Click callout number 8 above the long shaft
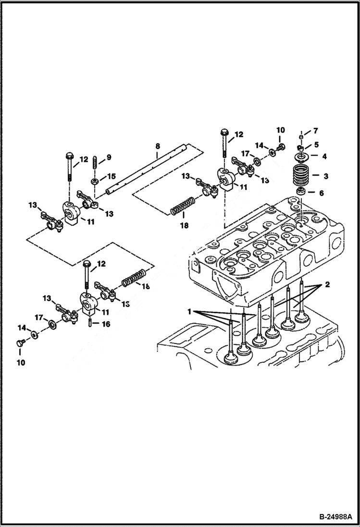(x=157, y=146)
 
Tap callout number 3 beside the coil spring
(x=326, y=176)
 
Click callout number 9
(x=109, y=157)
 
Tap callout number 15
(x=111, y=176)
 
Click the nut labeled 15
(x=95, y=181)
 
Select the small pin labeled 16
(x=91, y=322)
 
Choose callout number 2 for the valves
(x=327, y=285)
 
